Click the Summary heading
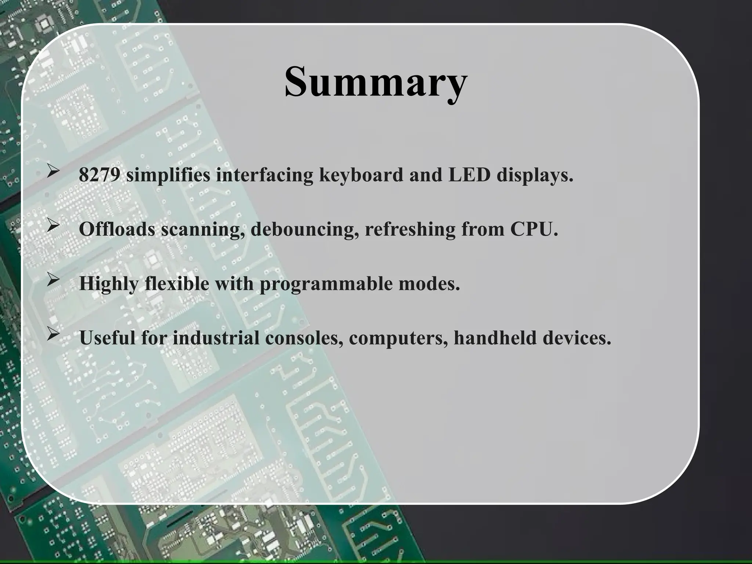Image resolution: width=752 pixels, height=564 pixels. (376, 82)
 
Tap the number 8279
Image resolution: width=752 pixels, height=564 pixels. (99, 175)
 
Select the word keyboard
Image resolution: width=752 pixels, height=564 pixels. (361, 175)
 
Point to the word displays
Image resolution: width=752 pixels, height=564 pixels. (535, 176)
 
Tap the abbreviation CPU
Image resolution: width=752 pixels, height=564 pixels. (534, 229)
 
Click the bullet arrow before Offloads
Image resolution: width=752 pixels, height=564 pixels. (53, 226)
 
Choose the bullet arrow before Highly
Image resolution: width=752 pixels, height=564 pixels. (53, 280)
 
